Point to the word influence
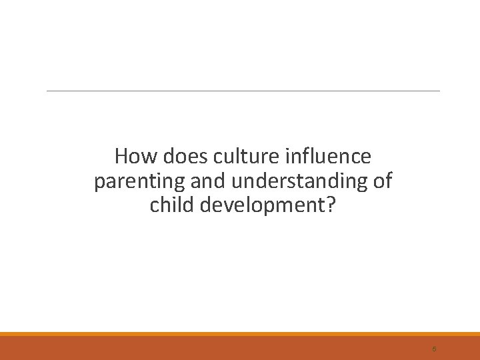pos(326,157)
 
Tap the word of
pos(383,181)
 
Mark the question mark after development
pos(331,205)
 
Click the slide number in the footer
pos(434,348)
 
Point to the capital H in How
pos(121,157)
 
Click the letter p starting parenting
pos(99,183)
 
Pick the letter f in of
pos(389,180)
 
